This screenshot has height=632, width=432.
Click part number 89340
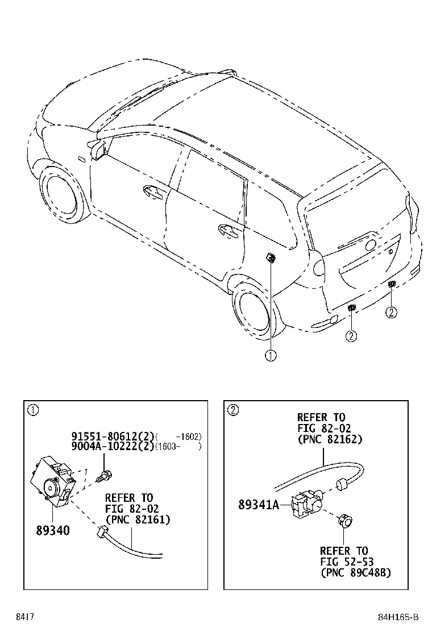(x=53, y=531)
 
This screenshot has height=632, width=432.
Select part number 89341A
(x=259, y=503)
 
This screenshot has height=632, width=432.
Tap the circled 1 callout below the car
(x=270, y=356)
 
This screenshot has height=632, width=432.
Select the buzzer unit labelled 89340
(x=53, y=482)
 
